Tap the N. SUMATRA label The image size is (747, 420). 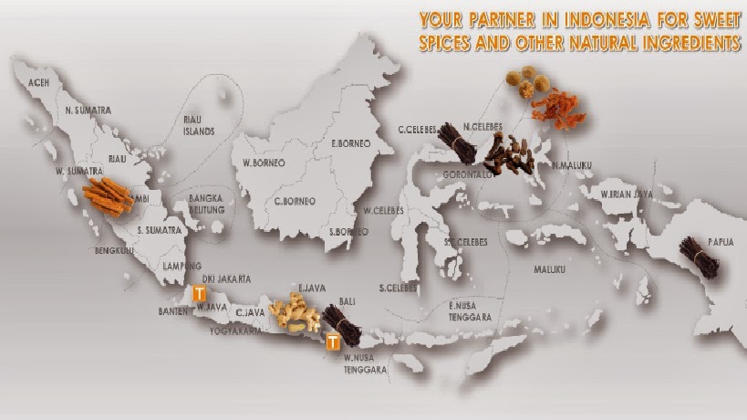[88, 110]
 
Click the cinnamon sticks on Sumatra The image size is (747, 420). [108, 194]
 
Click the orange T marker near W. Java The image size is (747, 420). [200, 293]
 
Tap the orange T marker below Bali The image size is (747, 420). [333, 342]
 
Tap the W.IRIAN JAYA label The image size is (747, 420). [627, 194]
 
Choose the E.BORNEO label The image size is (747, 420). [348, 143]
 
